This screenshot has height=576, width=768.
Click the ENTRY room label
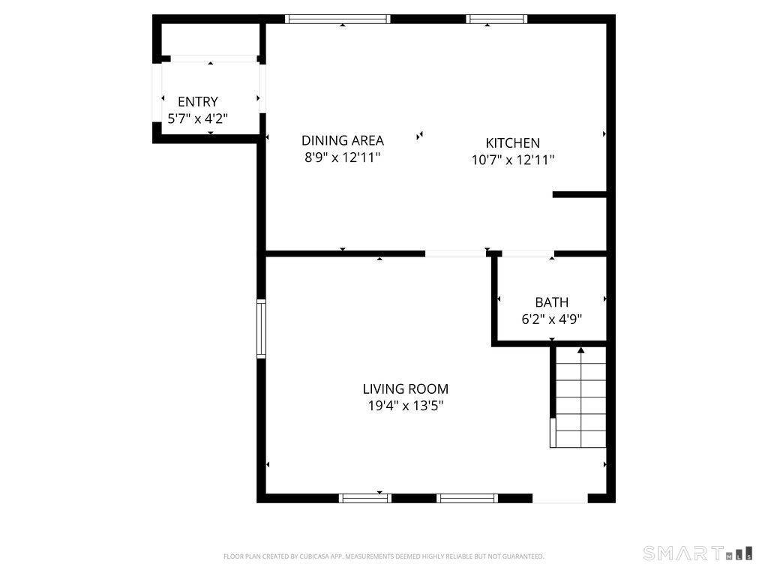coord(198,102)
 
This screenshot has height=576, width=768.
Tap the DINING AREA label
coord(343,140)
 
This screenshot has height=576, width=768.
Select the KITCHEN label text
coord(513,143)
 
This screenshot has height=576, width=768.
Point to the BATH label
coord(552,302)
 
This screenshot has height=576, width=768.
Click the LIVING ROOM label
coord(406,389)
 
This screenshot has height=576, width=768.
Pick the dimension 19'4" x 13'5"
coord(406,406)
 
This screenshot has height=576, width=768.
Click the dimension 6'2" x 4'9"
coord(552,319)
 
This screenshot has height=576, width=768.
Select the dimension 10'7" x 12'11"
coord(513,159)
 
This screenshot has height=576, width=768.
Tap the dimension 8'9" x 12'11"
coord(343,157)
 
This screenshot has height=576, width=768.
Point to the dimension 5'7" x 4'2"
coord(198,118)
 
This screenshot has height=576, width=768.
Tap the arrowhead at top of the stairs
coord(580,349)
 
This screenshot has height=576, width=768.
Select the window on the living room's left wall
coord(261,328)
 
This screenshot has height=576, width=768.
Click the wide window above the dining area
coord(338,19)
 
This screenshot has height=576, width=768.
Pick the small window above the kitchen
coord(496,19)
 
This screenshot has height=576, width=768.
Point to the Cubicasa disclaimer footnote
coord(384,556)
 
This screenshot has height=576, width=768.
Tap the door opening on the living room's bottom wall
coord(560,498)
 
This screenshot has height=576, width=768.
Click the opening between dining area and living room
coord(455,253)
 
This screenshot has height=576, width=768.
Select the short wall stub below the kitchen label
coord(579,195)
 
